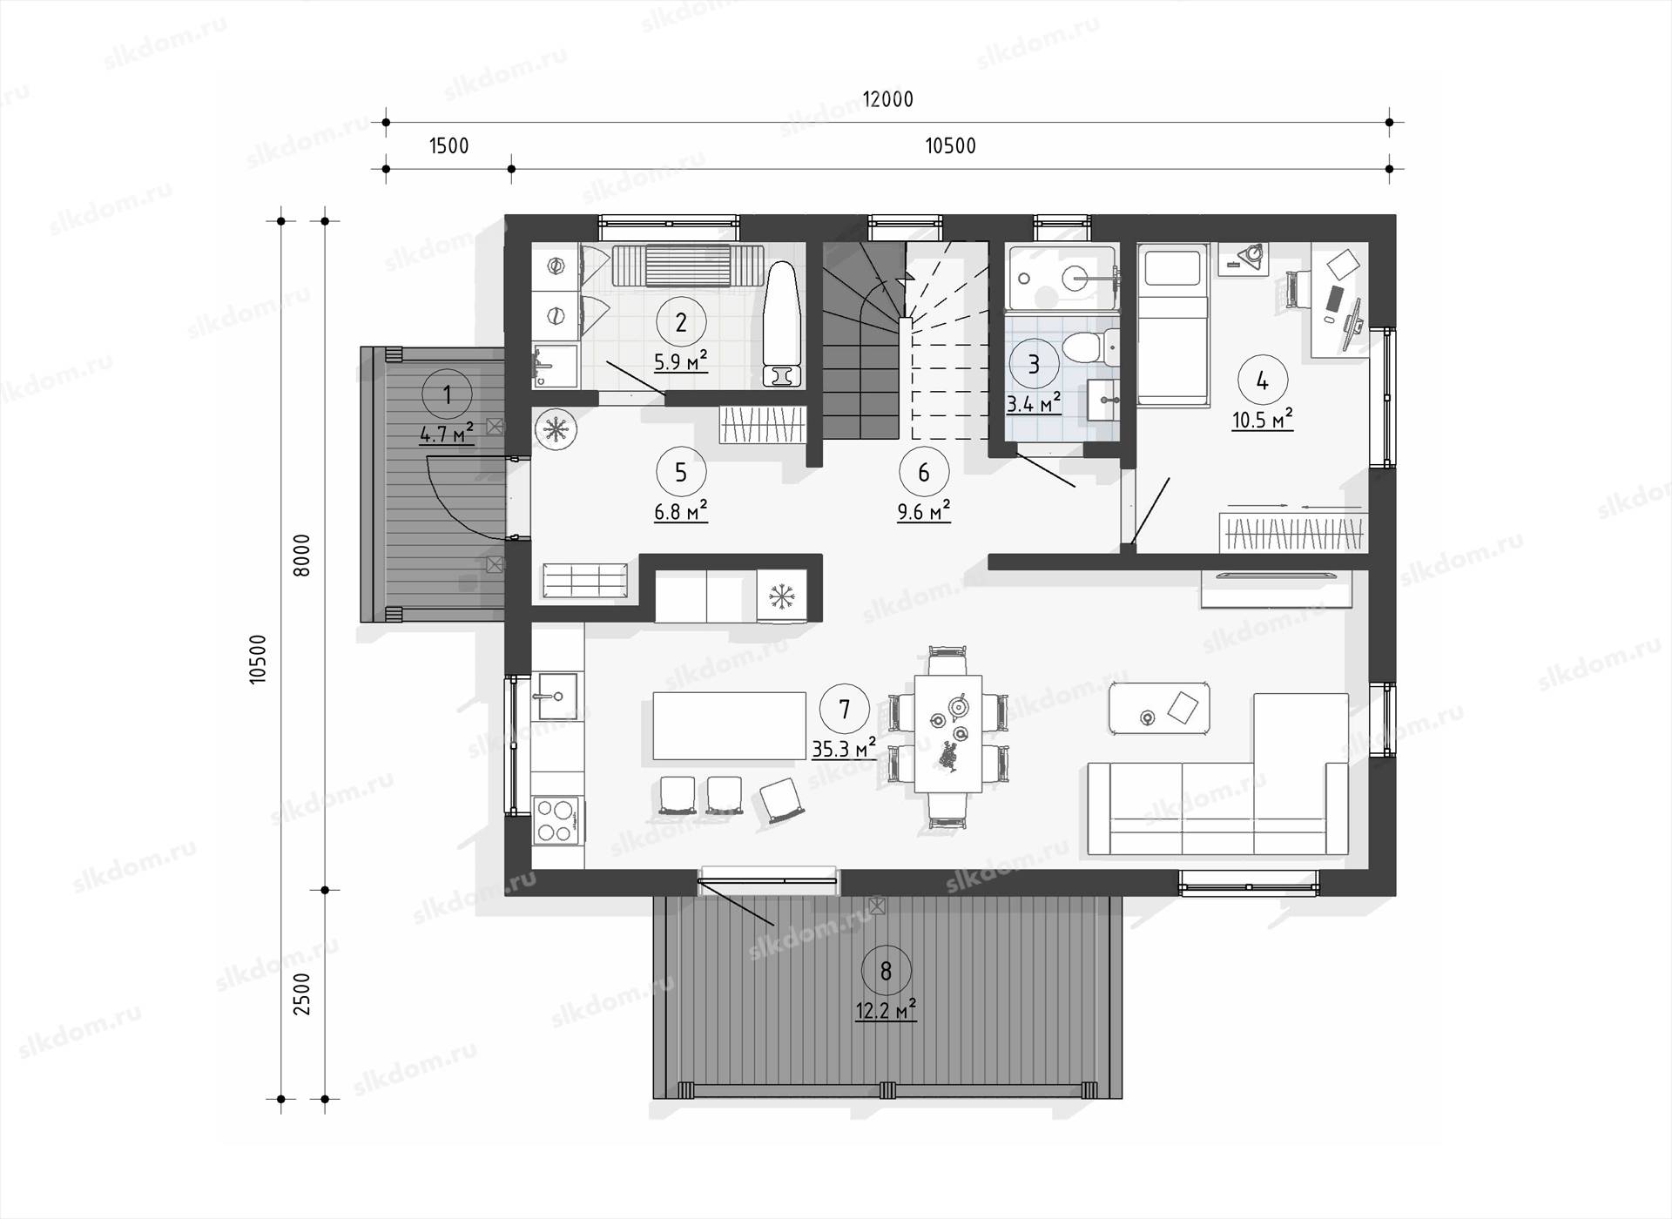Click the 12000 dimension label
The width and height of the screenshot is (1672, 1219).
pos(887,99)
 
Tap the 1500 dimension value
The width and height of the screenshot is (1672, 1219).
pos(449,145)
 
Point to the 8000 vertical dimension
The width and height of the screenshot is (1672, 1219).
pos(301,555)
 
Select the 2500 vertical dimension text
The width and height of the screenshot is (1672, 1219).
pos(301,993)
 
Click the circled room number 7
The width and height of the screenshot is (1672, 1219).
pos(844,710)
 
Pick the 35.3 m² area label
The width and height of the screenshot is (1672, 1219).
pos(844,749)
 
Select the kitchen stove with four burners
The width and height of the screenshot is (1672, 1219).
pos(555,819)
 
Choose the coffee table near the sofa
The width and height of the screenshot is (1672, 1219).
pos(1159,708)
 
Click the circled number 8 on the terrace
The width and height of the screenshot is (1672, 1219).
pos(886,970)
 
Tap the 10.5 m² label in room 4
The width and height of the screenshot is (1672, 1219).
pos(1262,420)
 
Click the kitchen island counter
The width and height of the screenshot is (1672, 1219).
pos(730,725)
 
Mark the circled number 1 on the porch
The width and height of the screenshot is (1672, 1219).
pos(447,395)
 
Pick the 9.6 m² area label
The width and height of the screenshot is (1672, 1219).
pos(923,510)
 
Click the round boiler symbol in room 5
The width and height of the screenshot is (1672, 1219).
pos(556,429)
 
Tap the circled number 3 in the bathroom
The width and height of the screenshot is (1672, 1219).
pos(1034,363)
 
